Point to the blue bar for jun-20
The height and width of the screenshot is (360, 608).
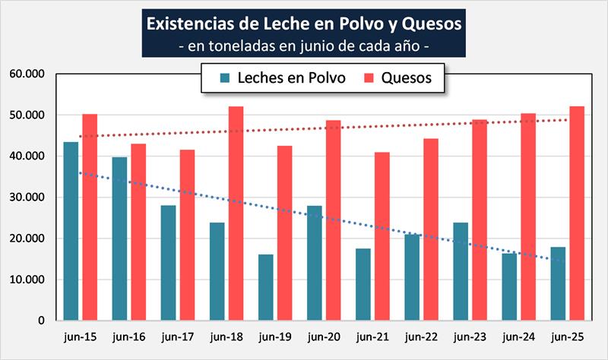[315, 263]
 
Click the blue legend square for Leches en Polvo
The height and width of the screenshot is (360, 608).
[224, 77]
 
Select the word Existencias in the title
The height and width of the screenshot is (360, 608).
[192, 24]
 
